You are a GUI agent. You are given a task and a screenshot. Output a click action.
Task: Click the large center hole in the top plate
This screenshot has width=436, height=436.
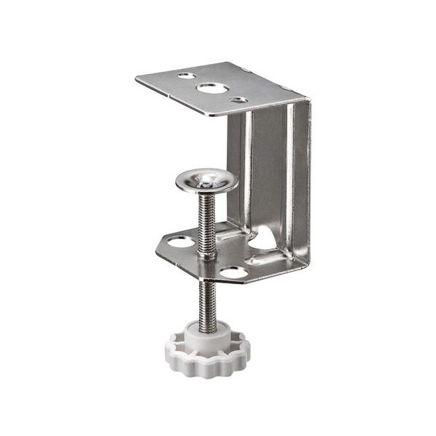pos(210,89)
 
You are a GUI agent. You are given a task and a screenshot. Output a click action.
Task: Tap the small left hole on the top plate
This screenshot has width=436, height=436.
pos(186,76)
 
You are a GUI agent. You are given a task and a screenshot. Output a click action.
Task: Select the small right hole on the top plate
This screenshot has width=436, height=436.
pos(238,100)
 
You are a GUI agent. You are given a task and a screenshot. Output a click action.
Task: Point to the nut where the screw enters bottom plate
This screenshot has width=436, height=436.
pos(208,254)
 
